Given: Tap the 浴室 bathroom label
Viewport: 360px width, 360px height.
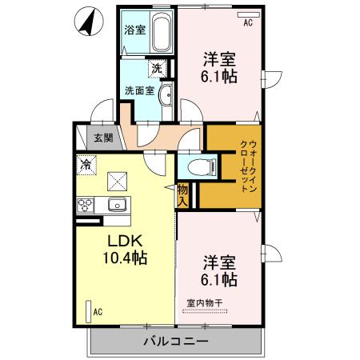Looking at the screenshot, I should tap(134, 30).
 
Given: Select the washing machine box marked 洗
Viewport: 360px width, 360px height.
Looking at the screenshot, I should tap(158, 68).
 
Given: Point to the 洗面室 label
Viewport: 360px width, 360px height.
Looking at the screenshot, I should tap(137, 90).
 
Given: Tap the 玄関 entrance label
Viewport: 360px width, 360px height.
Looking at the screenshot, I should tap(104, 138).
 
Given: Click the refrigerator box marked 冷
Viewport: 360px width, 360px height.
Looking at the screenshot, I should tap(85, 165).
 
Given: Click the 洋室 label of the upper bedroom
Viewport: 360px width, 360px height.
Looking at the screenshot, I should tap(218, 58).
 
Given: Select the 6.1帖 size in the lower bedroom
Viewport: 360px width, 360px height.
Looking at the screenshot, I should tap(218, 279).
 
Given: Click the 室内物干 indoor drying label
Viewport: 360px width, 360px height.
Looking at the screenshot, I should tap(205, 302).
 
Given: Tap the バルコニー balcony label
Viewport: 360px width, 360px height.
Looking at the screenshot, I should tap(176, 341).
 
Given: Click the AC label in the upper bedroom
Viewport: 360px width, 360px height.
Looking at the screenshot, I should tap(248, 23).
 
